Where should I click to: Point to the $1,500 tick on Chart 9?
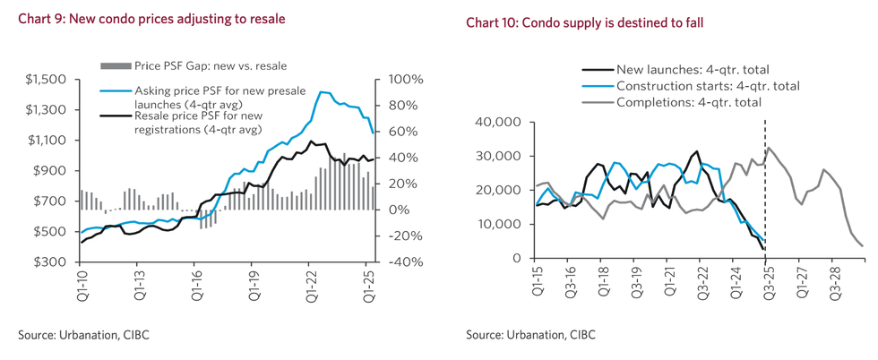coord(46,80)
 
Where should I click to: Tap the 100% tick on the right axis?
coord(405,80)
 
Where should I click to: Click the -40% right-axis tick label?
coord(405,262)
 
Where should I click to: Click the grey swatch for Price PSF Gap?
coord(117,65)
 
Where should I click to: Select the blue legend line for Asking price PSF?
coord(117,90)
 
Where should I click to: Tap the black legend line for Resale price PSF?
coord(117,116)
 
